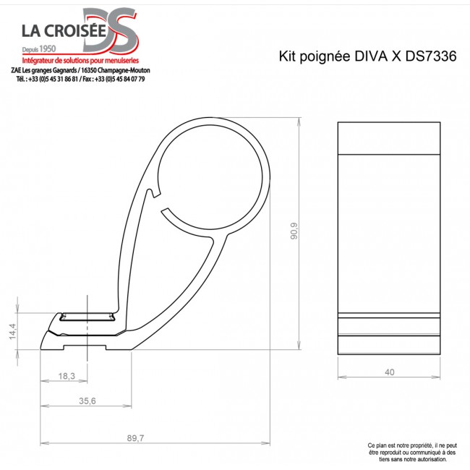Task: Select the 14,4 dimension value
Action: coord(12,331)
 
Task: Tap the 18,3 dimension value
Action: coord(67,376)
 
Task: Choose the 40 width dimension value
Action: coord(390,372)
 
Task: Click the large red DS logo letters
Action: coord(110,29)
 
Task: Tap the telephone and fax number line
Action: coord(80,79)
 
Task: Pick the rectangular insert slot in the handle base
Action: coord(87,316)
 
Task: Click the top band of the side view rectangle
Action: coord(389,138)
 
